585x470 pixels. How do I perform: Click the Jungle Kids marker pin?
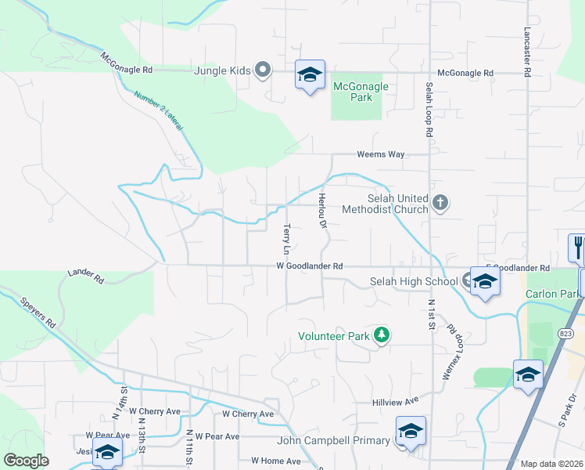pyautogui.click(x=264, y=71)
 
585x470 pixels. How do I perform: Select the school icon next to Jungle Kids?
pyautogui.click(x=310, y=75)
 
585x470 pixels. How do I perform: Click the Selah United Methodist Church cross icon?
pyautogui.click(x=440, y=204)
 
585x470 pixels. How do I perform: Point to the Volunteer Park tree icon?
pyautogui.click(x=382, y=335)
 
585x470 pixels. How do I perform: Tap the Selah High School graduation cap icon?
pyautogui.click(x=485, y=281)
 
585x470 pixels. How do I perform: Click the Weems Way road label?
pyautogui.click(x=381, y=154)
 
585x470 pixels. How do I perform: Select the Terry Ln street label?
pyautogui.click(x=286, y=239)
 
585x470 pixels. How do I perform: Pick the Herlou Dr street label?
pyautogui.click(x=321, y=211)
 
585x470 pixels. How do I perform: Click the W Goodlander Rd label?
pyautogui.click(x=310, y=266)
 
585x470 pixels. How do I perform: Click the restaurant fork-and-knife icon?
pyautogui.click(x=577, y=247)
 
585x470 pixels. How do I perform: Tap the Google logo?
pyautogui.click(x=26, y=461)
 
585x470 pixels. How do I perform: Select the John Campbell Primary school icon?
pyautogui.click(x=411, y=432)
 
